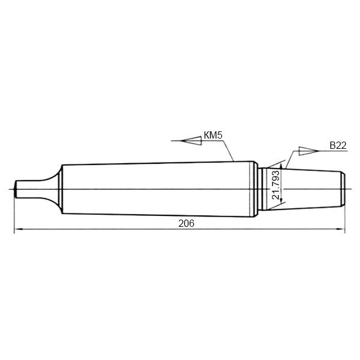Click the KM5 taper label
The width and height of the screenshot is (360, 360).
[213, 135]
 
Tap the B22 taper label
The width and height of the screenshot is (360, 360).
[338, 146]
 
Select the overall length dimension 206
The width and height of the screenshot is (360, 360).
[186, 223]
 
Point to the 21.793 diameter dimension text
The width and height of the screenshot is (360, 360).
[275, 185]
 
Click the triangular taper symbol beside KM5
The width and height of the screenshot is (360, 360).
[191, 140]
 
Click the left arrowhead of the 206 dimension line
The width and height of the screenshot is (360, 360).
[18, 229]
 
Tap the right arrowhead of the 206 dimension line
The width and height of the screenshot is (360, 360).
[341, 229]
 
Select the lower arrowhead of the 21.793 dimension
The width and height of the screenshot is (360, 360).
[281, 200]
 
